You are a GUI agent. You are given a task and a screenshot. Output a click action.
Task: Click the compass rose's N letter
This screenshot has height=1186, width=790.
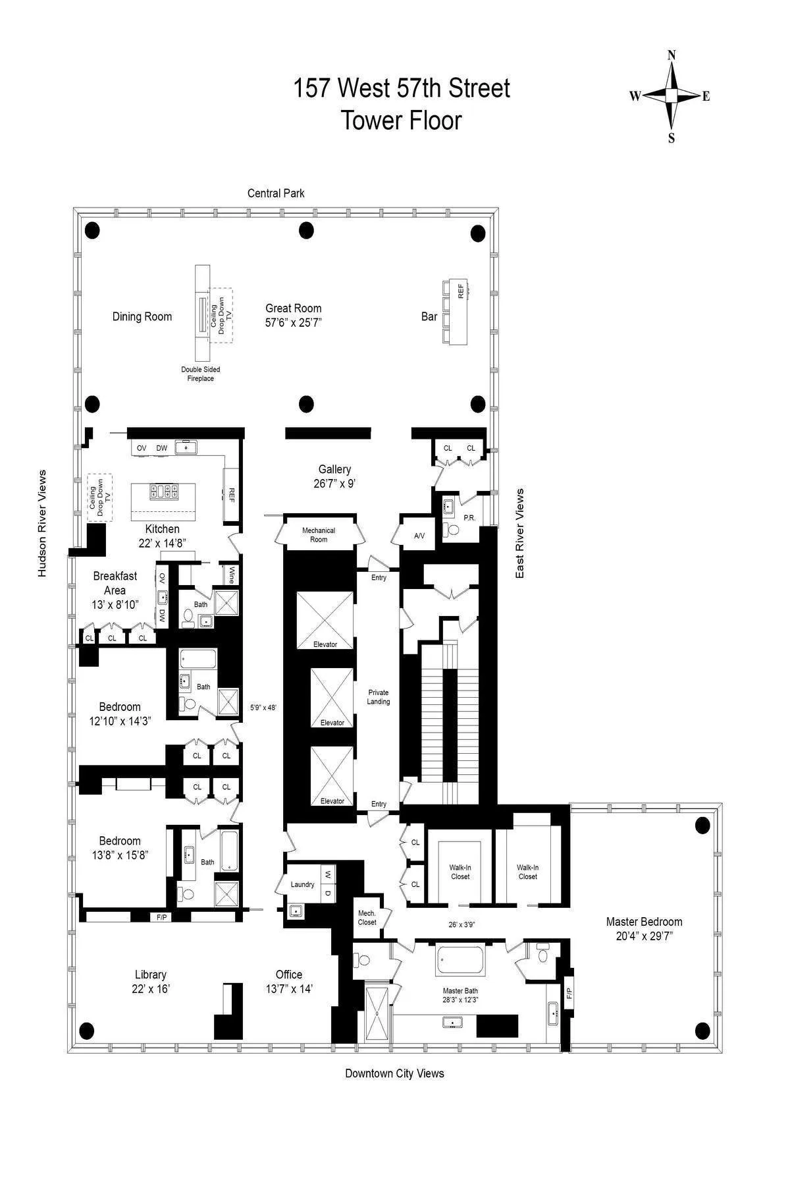click(x=671, y=56)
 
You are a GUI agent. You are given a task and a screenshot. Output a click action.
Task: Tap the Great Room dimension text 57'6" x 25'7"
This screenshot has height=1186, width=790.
click(x=294, y=322)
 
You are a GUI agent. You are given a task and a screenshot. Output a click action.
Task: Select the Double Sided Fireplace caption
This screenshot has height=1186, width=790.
click(x=201, y=374)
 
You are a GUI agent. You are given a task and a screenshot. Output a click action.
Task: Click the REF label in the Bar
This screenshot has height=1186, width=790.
click(x=461, y=290)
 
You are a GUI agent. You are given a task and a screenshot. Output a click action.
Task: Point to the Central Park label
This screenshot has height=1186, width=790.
click(x=276, y=193)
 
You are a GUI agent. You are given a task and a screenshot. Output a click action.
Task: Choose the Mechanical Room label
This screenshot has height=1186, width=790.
click(x=319, y=534)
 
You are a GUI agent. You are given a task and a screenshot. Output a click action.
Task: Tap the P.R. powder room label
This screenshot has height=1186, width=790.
click(x=469, y=518)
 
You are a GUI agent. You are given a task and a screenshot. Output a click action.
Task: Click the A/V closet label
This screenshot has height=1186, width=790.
click(x=419, y=536)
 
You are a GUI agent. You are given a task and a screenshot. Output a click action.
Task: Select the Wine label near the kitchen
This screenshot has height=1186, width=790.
click(x=232, y=575)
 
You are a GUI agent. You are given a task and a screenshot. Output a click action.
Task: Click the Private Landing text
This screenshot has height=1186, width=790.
click(x=379, y=696)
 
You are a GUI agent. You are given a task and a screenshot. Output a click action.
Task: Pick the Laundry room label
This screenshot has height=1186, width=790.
click(x=303, y=884)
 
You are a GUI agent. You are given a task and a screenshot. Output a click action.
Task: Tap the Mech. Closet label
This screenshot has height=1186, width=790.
click(x=367, y=917)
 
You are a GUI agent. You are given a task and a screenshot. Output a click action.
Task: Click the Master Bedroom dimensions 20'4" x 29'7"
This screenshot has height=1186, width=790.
click(x=644, y=936)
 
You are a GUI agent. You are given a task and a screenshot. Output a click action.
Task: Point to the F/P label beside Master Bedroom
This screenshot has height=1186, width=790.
click(x=569, y=992)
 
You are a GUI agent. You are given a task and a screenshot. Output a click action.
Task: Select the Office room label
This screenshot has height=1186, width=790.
click(x=289, y=974)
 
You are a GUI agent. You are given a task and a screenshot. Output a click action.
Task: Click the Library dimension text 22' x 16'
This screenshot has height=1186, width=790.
click(x=151, y=988)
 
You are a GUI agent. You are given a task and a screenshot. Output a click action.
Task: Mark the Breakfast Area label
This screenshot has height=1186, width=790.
click(x=115, y=583)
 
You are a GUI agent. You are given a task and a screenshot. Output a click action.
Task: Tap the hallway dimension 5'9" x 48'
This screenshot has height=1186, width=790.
click(x=263, y=707)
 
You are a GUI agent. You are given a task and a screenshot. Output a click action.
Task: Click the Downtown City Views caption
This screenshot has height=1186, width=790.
click(x=394, y=1073)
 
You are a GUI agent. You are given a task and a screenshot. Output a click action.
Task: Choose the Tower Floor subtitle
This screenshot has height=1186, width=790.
click(x=401, y=121)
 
